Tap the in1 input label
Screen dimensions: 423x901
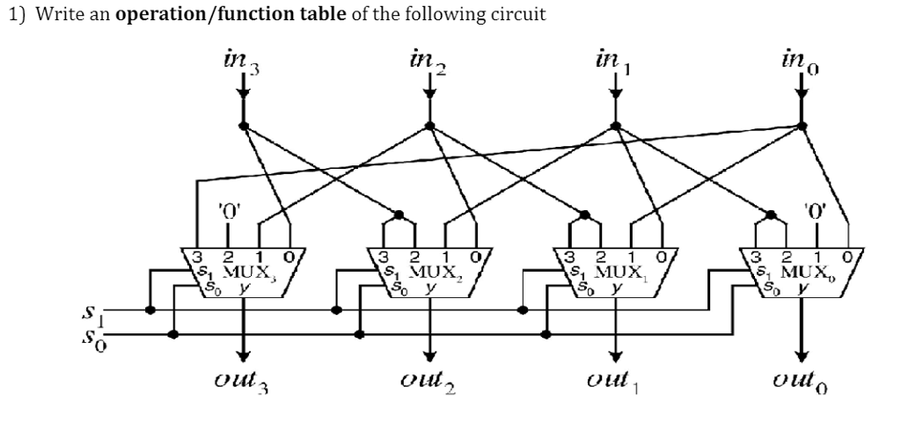[x=614, y=62]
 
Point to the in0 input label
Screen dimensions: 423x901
[x=801, y=62]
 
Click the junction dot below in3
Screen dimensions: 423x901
[x=243, y=126]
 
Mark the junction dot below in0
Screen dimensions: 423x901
[x=801, y=126]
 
